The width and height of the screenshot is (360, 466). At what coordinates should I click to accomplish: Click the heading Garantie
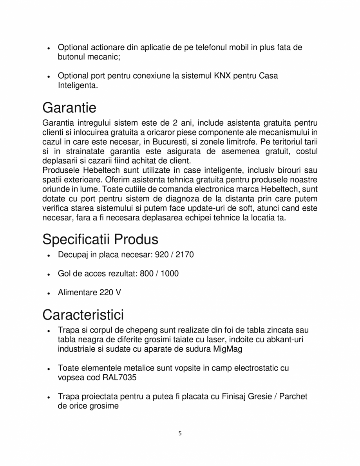(69, 107)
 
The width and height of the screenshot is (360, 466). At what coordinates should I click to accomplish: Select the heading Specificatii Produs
(100, 239)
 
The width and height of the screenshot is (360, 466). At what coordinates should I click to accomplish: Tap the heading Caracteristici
(83, 314)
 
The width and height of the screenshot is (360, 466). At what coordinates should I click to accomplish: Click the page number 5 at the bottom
(180, 433)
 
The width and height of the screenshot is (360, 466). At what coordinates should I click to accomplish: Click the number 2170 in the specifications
(185, 255)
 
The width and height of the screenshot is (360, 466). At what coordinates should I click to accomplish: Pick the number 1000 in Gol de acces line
(170, 274)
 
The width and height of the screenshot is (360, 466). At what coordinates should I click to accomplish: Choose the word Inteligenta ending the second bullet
(77, 85)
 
